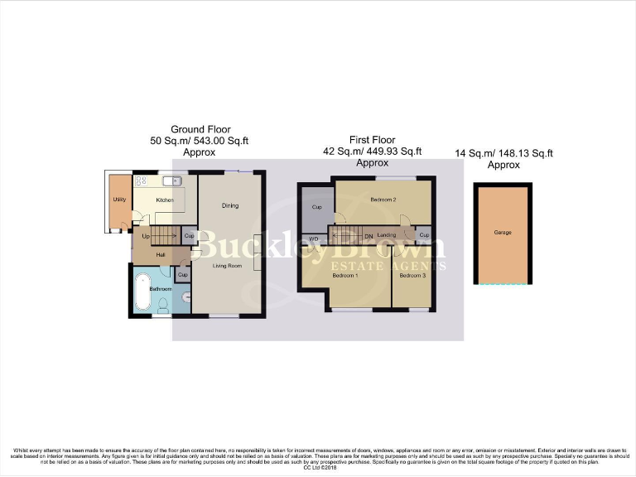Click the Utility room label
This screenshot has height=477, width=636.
click(x=118, y=200)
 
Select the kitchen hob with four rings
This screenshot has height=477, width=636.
click(x=141, y=181)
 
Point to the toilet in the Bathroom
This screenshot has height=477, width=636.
click(x=163, y=303)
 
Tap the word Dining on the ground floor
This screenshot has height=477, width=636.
click(x=230, y=205)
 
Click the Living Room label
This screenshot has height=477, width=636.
click(x=226, y=266)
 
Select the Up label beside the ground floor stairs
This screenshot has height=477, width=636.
click(x=147, y=237)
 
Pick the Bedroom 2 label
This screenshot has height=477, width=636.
click(x=383, y=200)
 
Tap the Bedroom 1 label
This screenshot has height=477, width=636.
click(x=344, y=275)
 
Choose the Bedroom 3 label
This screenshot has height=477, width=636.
click(x=412, y=275)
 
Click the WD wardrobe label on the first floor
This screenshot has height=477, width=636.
click(x=314, y=239)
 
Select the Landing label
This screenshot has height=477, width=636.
click(x=387, y=236)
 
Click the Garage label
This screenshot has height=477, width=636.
click(x=502, y=233)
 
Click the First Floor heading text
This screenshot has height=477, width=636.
click(x=373, y=140)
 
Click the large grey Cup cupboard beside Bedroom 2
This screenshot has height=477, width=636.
click(x=316, y=206)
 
